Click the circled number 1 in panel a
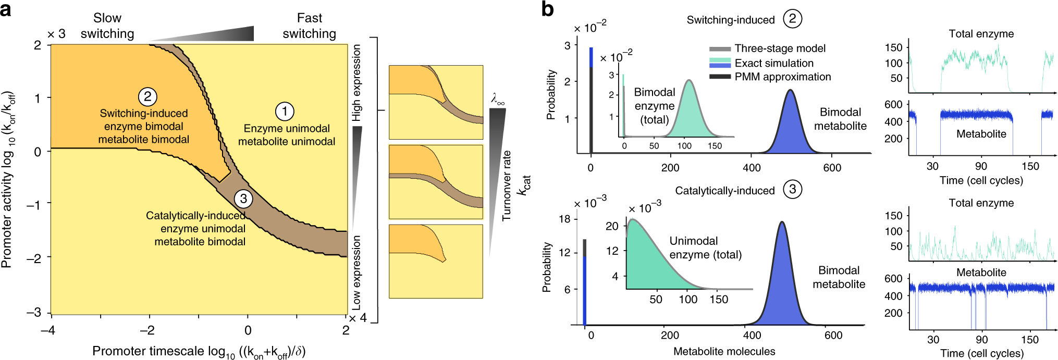pyautogui.click(x=285, y=111)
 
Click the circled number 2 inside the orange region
pyautogui.click(x=147, y=96)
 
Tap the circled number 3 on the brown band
pyautogui.click(x=243, y=198)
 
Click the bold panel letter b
pyautogui.click(x=547, y=9)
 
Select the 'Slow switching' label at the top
pyautogui.click(x=107, y=26)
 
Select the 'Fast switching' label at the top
pyautogui.click(x=309, y=26)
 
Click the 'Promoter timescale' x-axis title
pyautogui.click(x=199, y=352)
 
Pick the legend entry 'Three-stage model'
pyautogui.click(x=780, y=48)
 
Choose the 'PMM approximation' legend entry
pyautogui.click(x=782, y=77)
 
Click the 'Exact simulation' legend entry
pyautogui.click(x=773, y=63)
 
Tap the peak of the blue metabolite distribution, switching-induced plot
pyautogui.click(x=791, y=91)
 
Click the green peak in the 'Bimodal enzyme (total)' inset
pyautogui.click(x=689, y=81)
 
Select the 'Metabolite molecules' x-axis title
pyautogui.click(x=724, y=352)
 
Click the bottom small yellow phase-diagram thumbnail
pyautogui.click(x=436, y=262)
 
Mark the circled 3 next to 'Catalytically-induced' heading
pyautogui.click(x=792, y=189)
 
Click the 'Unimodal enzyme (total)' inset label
pyautogui.click(x=705, y=248)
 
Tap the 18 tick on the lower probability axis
pyautogui.click(x=564, y=219)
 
